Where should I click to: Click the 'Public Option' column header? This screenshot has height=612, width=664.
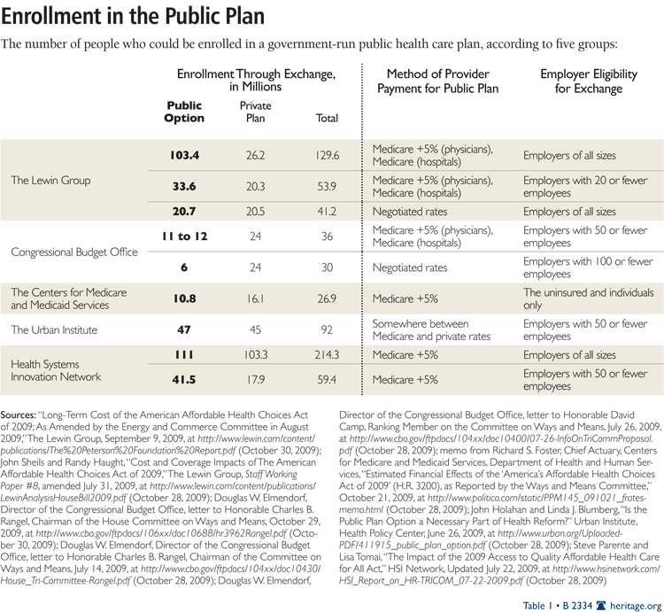pos(184,111)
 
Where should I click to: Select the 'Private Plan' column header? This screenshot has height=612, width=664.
pos(257,111)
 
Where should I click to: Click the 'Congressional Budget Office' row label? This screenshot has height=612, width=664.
pos(74,252)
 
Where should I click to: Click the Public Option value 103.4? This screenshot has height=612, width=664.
pos(184,155)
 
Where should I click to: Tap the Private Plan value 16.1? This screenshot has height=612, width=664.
pos(257,298)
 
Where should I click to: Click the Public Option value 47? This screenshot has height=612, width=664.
pos(184,329)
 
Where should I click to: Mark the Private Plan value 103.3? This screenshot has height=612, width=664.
pos(257,354)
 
